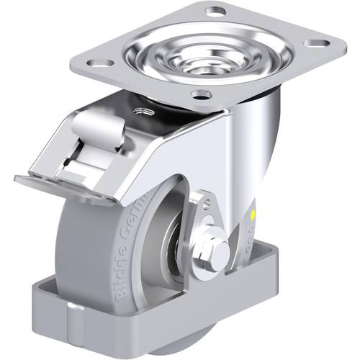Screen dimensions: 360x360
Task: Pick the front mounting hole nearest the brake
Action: [202, 94]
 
